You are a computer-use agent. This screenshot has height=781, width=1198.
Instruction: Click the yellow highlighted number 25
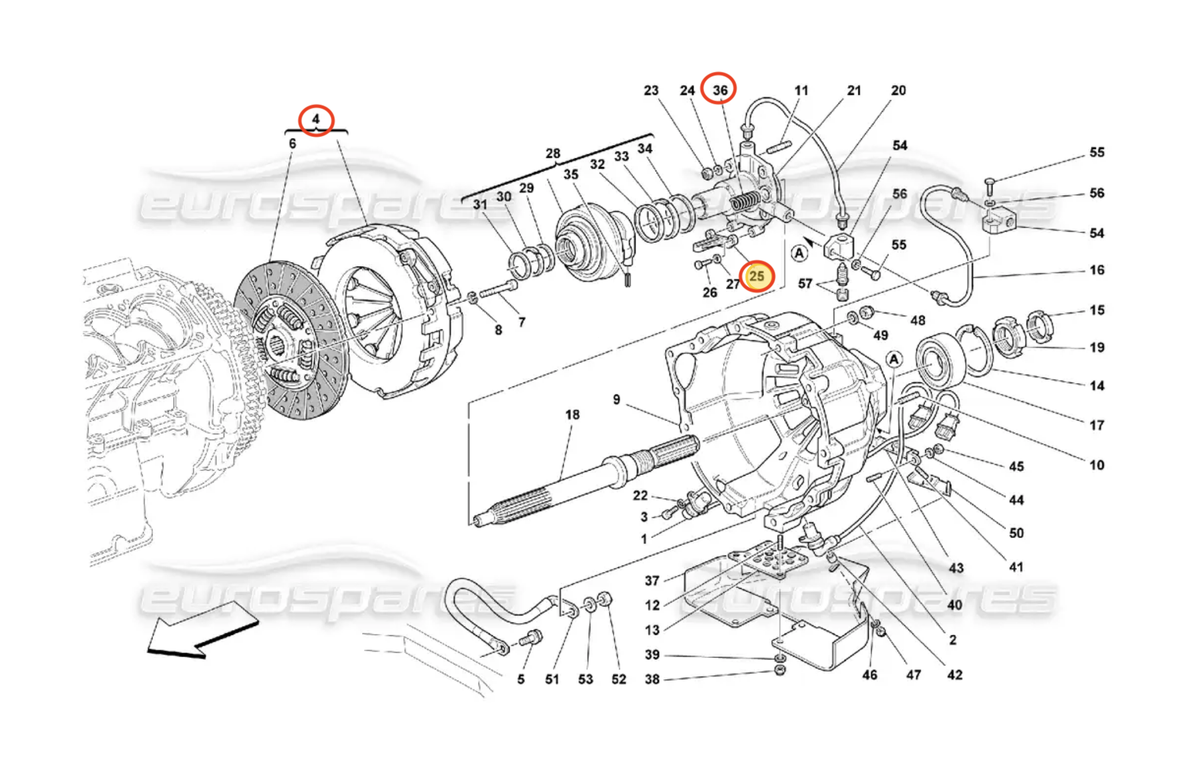click(757, 276)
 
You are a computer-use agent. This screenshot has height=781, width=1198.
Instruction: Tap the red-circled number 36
click(719, 90)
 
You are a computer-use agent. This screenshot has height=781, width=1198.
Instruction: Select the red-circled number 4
click(315, 120)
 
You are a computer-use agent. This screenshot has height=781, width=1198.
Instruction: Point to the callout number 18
click(572, 414)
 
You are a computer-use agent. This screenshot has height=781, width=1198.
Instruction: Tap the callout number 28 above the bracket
click(553, 154)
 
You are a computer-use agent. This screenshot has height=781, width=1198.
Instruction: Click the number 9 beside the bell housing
click(616, 399)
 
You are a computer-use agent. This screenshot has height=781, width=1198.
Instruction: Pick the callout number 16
click(1097, 270)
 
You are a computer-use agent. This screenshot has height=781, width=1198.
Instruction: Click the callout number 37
click(652, 581)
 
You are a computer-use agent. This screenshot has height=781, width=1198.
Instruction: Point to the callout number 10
click(1097, 465)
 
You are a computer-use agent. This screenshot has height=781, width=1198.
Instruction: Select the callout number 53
click(585, 679)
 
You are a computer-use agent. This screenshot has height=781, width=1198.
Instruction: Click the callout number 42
click(954, 675)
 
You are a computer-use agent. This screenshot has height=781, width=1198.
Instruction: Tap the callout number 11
click(801, 90)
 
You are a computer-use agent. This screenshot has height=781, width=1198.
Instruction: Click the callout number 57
click(805, 284)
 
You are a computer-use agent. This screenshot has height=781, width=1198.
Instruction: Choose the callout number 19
click(1097, 347)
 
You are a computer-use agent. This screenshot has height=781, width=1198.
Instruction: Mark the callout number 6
click(292, 144)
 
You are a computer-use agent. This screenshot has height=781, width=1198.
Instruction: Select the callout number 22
click(640, 496)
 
